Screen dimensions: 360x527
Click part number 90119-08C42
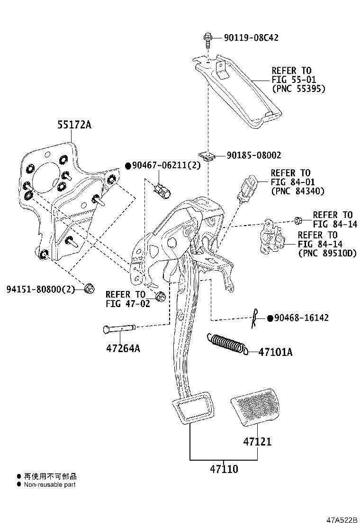pos(251,37)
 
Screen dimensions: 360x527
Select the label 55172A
pos(74,125)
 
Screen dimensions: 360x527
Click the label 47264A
pos(123,348)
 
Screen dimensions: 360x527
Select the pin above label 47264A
pos(119,328)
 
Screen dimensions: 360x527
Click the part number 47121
pos(257,441)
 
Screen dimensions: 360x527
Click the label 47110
pos(224,469)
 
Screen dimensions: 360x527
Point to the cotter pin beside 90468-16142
pos(255,318)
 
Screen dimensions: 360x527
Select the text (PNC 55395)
pos(298,89)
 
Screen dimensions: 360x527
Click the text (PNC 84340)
pos(297,191)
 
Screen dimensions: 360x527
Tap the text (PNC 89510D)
pos(327,253)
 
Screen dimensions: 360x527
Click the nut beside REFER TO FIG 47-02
pos(160,296)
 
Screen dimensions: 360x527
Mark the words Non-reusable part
pos(50,485)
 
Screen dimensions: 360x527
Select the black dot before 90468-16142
pos(270,318)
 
